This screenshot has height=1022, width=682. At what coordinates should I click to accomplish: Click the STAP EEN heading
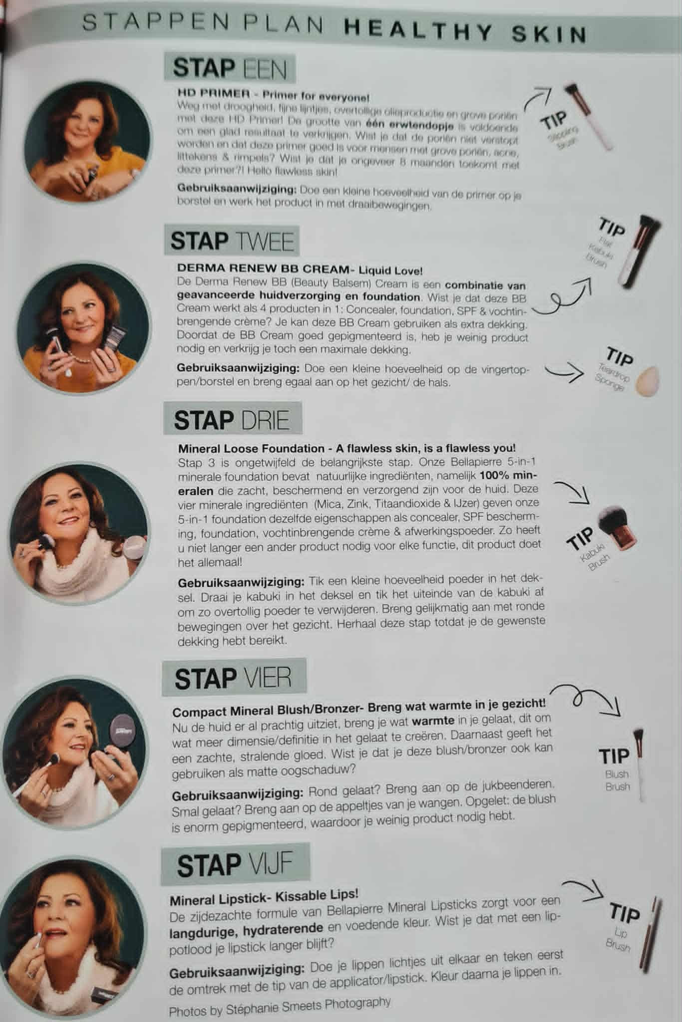(x=230, y=68)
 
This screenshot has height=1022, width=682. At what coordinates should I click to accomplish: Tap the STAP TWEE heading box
(x=232, y=241)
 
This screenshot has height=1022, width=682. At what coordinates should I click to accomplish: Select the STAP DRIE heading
(x=232, y=420)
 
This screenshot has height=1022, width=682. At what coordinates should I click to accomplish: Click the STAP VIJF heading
(x=235, y=865)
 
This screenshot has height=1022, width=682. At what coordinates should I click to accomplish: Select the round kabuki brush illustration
(x=616, y=536)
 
